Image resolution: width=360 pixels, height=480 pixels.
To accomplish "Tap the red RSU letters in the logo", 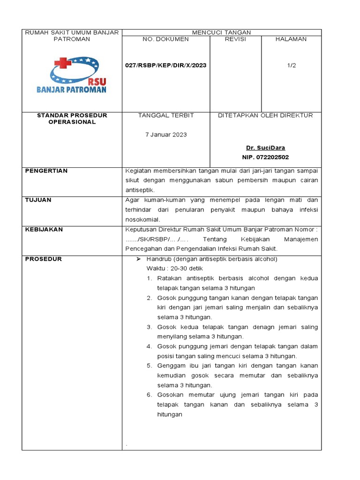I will coord(97,81).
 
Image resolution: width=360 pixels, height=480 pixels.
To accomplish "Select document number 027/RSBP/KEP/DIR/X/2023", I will coord(165,66).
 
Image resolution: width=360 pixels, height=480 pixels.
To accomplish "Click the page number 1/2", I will coord(292,66).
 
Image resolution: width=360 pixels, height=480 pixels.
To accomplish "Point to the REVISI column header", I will coord(235,39).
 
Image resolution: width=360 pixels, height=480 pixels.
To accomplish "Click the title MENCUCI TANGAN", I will coord(222,32).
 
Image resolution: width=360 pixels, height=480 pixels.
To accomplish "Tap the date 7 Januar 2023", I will coord(166,135).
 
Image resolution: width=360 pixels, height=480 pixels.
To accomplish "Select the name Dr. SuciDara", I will coord(265,148).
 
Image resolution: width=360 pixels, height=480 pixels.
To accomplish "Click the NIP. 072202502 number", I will coord(265,157).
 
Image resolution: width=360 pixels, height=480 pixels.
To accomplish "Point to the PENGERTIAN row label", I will coord(46,171).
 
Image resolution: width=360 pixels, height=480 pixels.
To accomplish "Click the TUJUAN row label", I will coord(38,200).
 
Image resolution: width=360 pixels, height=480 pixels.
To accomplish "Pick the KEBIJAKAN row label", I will coord(44,230).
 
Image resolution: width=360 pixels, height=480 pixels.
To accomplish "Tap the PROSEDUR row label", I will coord(43,259).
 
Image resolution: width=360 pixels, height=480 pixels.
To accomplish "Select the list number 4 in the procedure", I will coord(149,346).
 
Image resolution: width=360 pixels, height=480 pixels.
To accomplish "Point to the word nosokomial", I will coord(142,219).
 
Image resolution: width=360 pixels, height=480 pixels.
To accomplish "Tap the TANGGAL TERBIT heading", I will coord(166,115).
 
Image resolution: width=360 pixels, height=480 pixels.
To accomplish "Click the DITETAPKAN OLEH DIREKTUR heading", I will coord(265,115).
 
